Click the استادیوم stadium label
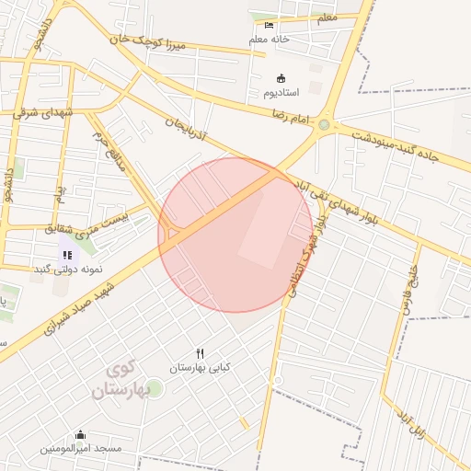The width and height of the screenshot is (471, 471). click(x=281, y=93)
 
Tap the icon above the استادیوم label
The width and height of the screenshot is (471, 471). click(x=281, y=78)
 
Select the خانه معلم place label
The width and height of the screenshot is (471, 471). click(x=269, y=40)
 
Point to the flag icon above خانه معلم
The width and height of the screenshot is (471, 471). click(x=269, y=25)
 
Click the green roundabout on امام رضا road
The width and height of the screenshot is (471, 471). click(x=324, y=124)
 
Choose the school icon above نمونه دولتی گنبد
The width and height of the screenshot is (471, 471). click(x=67, y=255)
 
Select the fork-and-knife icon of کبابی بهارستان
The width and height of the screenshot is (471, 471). click(x=200, y=353)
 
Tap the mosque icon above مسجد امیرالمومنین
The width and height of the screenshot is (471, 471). click(x=80, y=435)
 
